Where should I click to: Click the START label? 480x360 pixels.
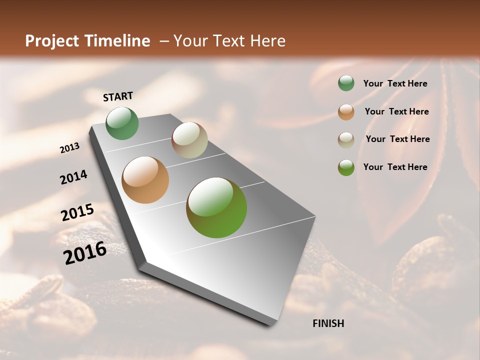pos(118,96)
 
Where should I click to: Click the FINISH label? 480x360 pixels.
pos(328,323)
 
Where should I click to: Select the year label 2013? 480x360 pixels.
pos(70,148)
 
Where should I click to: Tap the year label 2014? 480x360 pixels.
pos(74,177)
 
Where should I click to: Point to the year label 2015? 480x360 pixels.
pos(77,212)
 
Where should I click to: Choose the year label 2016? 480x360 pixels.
pos(85,253)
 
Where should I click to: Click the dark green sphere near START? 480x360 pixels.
pos(122,123)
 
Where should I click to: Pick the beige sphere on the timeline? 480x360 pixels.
pos(189,140)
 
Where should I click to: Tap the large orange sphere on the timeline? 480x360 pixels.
pos(145,180)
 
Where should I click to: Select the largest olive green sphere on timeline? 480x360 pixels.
pos(216,207)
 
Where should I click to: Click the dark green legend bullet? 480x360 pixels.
pos(346,83)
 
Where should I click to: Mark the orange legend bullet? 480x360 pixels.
pos(346,111)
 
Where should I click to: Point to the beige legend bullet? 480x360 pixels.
pos(346,139)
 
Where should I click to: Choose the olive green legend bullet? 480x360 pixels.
pos(346,167)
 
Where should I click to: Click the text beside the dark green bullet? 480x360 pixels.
pos(395,83)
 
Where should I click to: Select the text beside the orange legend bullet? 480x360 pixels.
pos(396,111)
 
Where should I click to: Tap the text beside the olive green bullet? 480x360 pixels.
pos(395,167)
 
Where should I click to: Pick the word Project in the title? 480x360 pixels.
pos(52,41)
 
